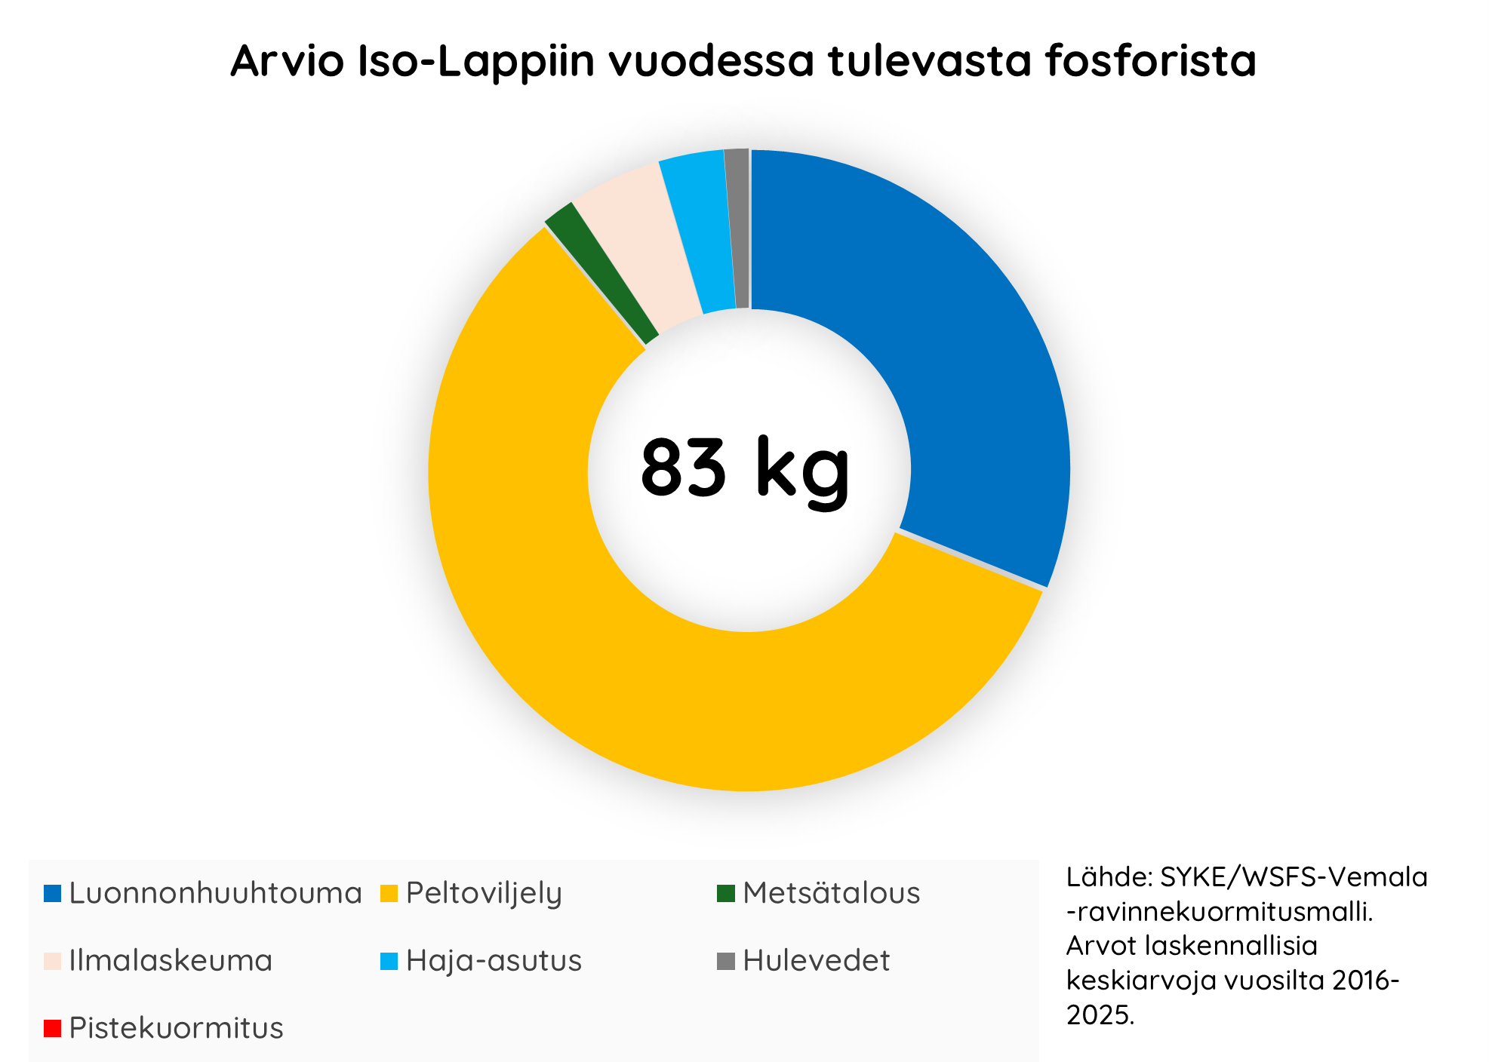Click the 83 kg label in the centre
[x=745, y=469]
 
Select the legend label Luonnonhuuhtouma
[x=215, y=893]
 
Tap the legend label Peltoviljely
[x=484, y=893]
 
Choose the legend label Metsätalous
[x=831, y=893]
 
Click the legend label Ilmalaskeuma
[x=171, y=961]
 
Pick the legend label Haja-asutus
[x=494, y=961]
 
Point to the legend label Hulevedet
[x=816, y=961]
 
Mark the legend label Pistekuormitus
[x=176, y=1028]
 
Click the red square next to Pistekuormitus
[x=52, y=1028]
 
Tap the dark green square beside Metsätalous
[x=725, y=894]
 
